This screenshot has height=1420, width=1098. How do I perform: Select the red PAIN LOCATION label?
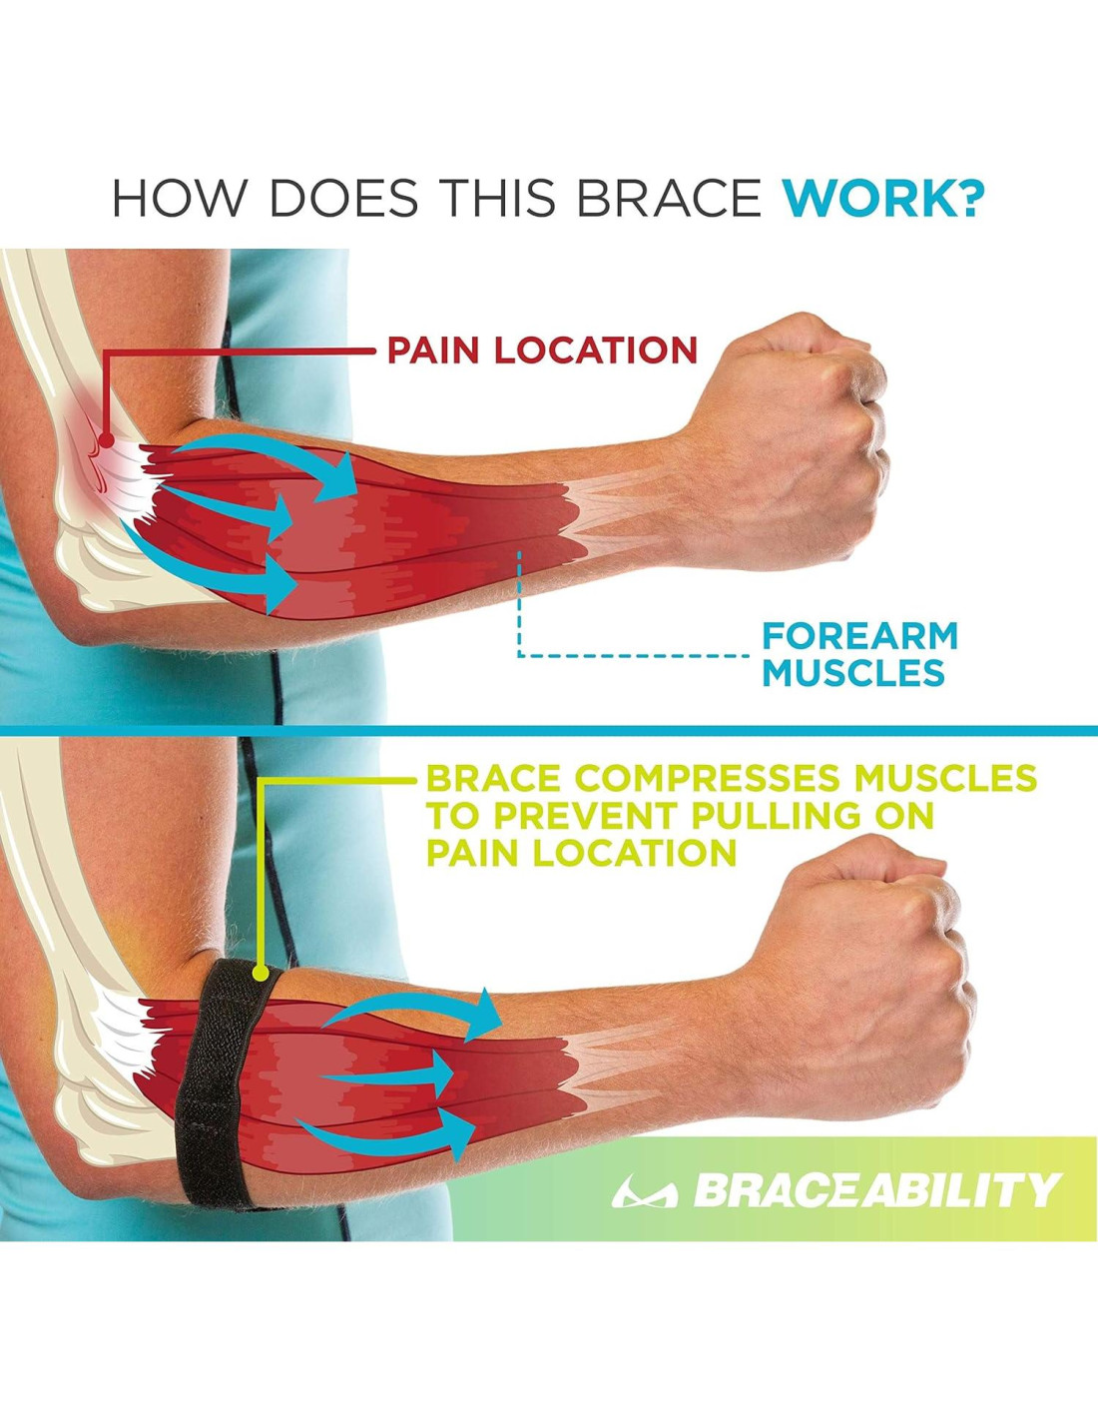(x=542, y=351)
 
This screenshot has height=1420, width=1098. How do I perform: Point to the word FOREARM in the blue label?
(x=859, y=636)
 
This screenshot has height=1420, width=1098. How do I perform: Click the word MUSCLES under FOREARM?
(x=853, y=674)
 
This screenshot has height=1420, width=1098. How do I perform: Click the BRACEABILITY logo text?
(x=875, y=1190)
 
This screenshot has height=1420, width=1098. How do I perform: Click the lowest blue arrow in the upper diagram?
(x=209, y=567)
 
